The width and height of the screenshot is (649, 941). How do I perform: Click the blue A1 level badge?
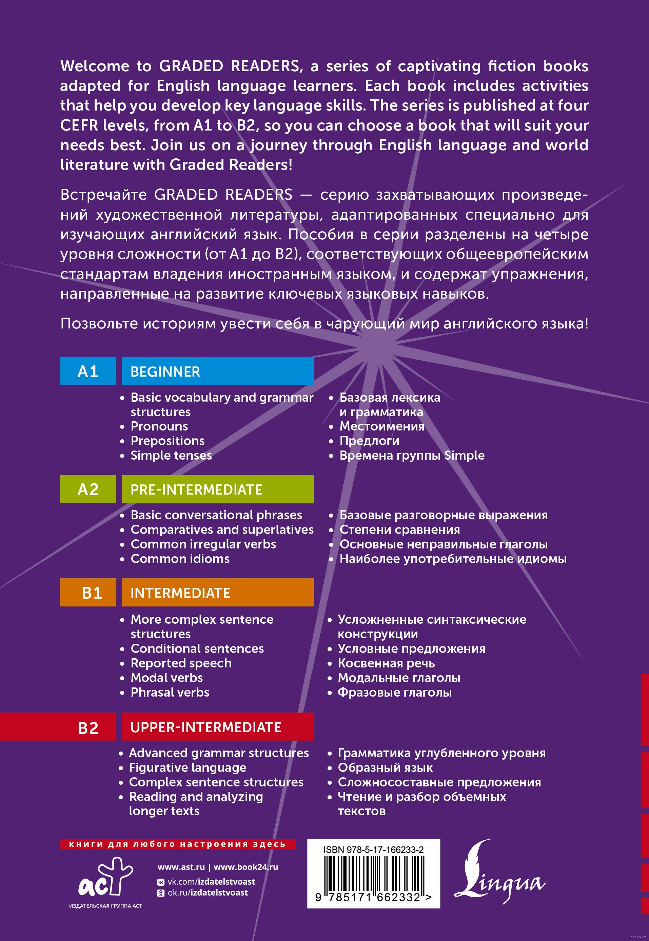(88, 371)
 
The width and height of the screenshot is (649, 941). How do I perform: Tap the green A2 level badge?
(88, 489)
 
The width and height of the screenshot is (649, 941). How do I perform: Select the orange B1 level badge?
(88, 593)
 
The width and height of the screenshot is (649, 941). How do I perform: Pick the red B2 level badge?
(88, 727)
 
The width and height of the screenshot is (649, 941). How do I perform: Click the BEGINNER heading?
(165, 372)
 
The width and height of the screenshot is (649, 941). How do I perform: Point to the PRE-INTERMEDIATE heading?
(196, 489)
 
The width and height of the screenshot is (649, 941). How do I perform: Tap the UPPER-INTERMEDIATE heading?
(206, 727)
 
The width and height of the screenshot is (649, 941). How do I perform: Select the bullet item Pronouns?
(159, 426)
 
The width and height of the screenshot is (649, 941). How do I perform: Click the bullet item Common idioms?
(180, 559)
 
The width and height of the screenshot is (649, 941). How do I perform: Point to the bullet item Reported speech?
(181, 663)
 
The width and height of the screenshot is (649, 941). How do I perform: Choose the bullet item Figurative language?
(188, 767)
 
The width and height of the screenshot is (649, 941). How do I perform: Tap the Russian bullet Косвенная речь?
(386, 663)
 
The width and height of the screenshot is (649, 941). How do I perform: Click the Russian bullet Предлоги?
(369, 441)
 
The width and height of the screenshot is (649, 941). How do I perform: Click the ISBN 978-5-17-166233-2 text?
(373, 849)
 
